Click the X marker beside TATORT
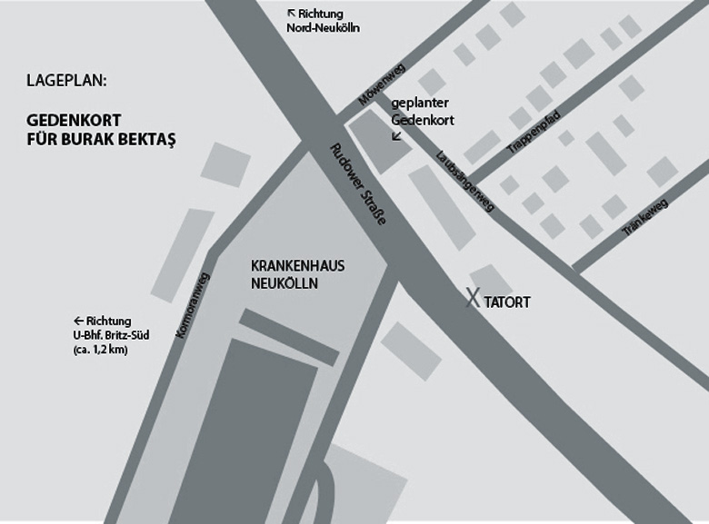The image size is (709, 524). (x=473, y=297)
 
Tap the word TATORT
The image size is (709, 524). (x=507, y=302)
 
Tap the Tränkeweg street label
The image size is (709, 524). (x=646, y=219)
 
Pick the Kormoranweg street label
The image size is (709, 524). (x=194, y=307)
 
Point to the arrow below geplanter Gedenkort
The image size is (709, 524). (x=395, y=137)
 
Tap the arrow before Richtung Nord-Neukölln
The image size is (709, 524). (x=292, y=14)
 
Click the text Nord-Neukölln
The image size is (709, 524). (x=324, y=28)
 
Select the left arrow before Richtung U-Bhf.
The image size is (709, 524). (x=79, y=321)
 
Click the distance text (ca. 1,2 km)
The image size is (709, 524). (x=100, y=349)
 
